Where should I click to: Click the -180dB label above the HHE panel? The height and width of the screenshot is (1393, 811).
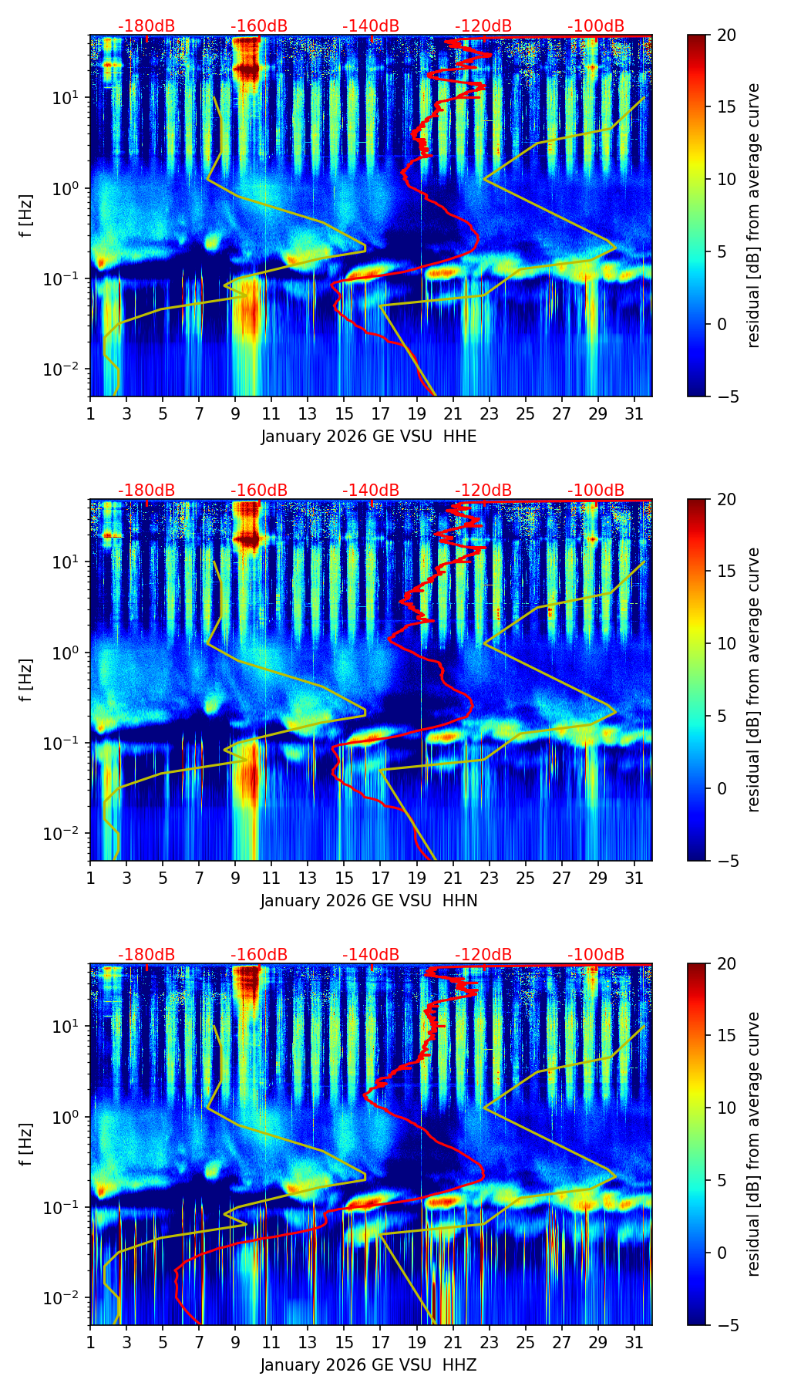pyautogui.click(x=146, y=26)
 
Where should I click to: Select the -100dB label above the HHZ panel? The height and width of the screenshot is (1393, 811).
pyautogui.click(x=596, y=955)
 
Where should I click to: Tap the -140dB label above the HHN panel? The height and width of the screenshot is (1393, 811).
pyautogui.click(x=371, y=491)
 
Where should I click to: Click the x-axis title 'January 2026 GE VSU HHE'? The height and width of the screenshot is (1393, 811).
pyautogui.click(x=368, y=437)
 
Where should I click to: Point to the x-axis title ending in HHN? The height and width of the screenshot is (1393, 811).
pyautogui.click(x=368, y=901)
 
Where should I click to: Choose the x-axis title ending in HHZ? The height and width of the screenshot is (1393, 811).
pyautogui.click(x=368, y=1365)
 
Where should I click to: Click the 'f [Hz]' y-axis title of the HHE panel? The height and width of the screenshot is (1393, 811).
pyautogui.click(x=27, y=215)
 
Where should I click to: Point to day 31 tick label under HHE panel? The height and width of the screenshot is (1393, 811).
pyautogui.click(x=634, y=413)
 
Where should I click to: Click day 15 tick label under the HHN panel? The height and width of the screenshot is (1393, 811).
pyautogui.click(x=344, y=878)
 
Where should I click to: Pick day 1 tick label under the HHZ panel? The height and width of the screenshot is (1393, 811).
pyautogui.click(x=90, y=1342)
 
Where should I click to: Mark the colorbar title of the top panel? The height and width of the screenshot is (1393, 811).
pyautogui.click(x=753, y=215)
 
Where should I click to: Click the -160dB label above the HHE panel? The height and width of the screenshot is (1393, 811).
pyautogui.click(x=259, y=26)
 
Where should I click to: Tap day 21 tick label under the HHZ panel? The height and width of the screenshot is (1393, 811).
pyautogui.click(x=453, y=1342)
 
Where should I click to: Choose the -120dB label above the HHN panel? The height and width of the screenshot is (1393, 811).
pyautogui.click(x=483, y=491)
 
